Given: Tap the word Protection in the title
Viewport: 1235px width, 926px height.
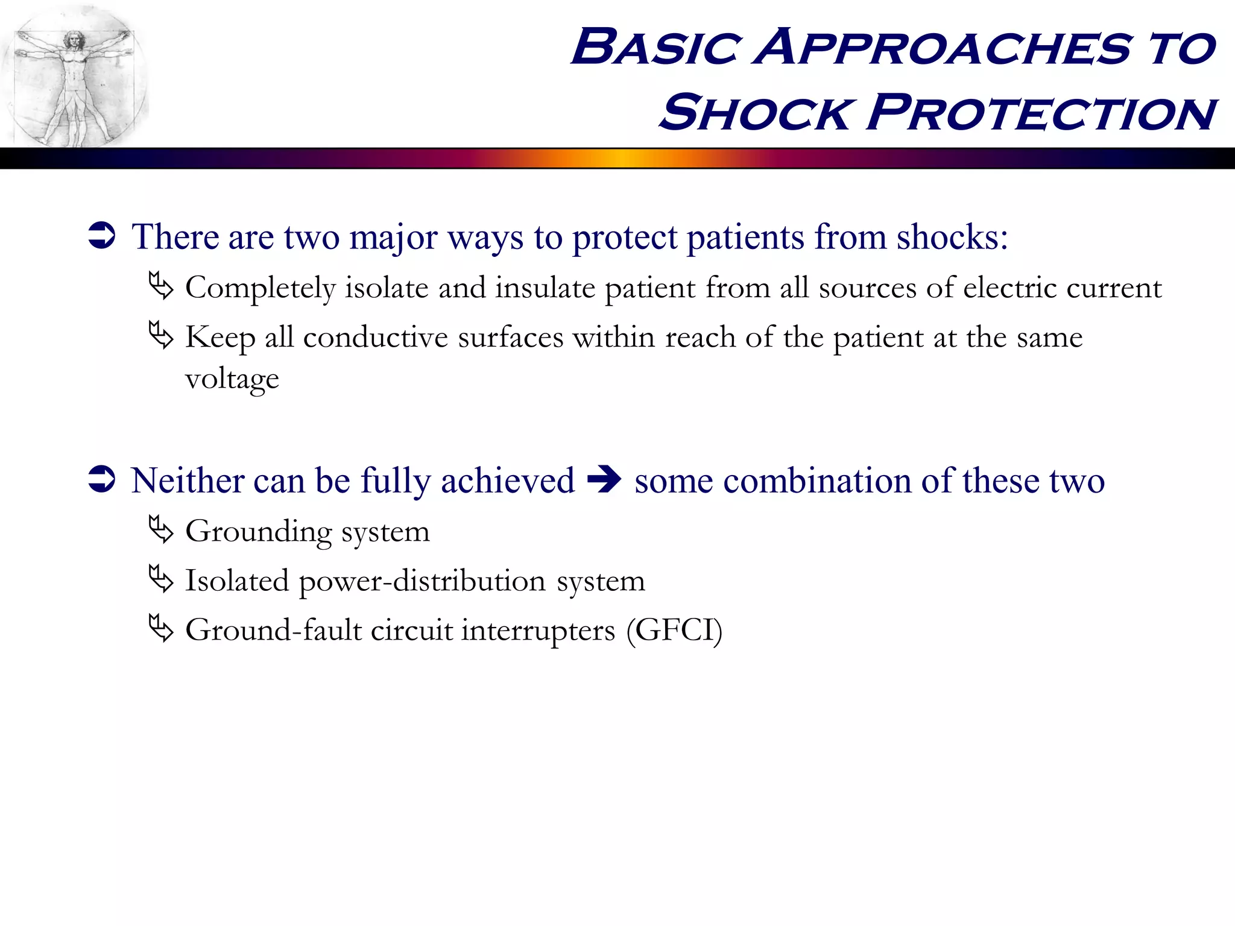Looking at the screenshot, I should (x=1042, y=113).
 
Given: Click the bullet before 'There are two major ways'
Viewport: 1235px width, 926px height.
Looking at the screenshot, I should (x=101, y=236).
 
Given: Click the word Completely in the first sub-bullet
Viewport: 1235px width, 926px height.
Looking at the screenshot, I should (x=260, y=288).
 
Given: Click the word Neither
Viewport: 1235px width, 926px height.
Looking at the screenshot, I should (x=188, y=480).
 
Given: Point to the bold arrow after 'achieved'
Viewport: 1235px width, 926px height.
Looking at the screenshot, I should (x=604, y=480).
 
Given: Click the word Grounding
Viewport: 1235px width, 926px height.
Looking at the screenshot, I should (x=259, y=532).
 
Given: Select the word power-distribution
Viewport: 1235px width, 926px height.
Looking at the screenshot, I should (x=422, y=581).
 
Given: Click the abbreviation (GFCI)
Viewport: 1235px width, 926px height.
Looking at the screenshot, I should (x=674, y=631).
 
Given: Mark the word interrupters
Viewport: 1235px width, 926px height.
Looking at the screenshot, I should (x=538, y=631).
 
